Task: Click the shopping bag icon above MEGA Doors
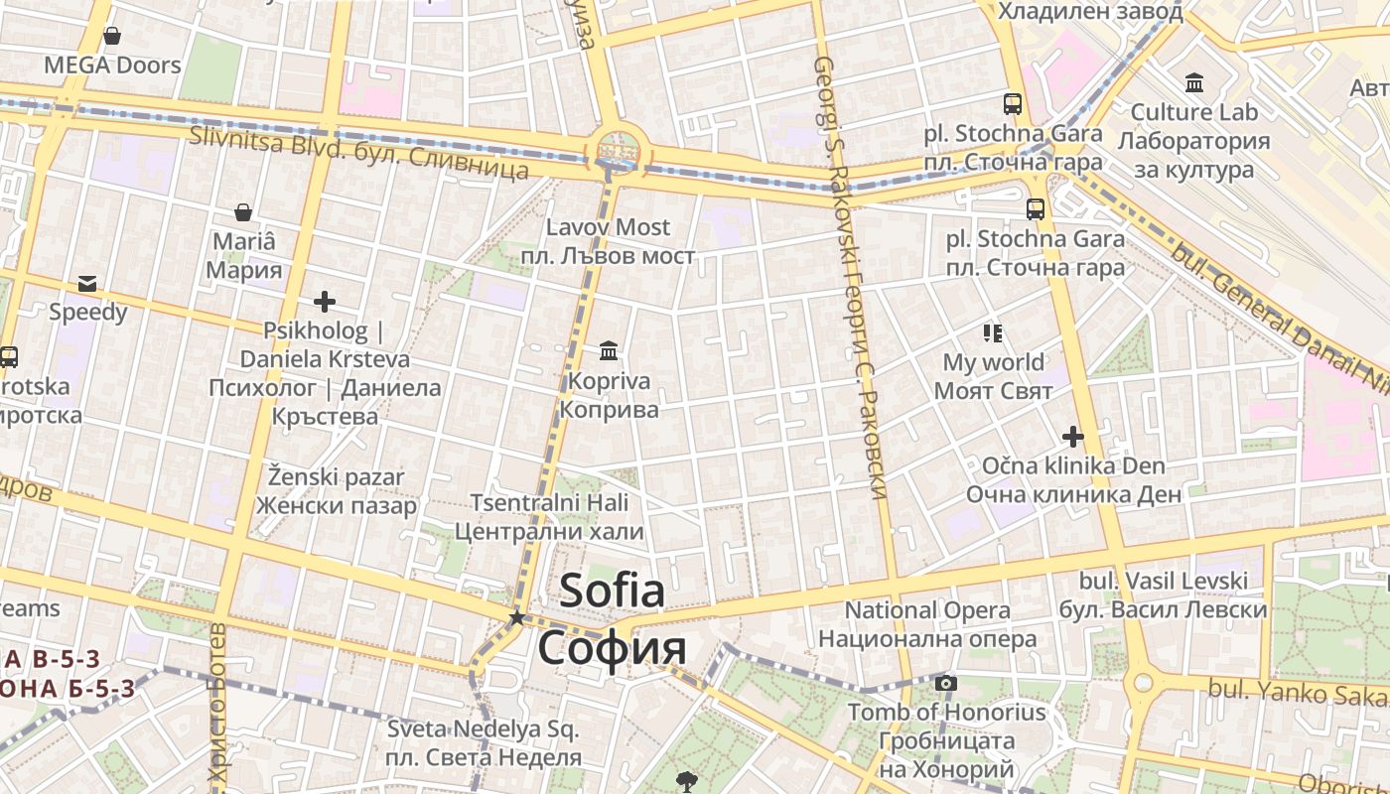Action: coord(112,36)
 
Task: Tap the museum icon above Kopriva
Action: coord(609,350)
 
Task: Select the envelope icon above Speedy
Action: coord(87,283)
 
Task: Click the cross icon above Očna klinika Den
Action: coord(1072,436)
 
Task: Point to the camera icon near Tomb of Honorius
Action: coord(946,683)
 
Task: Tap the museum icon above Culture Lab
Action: coord(1194,82)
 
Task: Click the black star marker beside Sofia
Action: coord(516,617)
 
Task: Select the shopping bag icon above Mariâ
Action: coord(242,212)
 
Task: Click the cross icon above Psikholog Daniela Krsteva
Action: coord(324,301)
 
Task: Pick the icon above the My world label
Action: coord(993,332)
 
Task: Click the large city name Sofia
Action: coord(612,592)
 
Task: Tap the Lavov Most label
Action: coord(608,227)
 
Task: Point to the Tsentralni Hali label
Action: coord(549,503)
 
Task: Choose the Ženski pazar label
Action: coord(336,477)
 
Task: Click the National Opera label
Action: coord(927,610)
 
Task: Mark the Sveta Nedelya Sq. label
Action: coord(483,729)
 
